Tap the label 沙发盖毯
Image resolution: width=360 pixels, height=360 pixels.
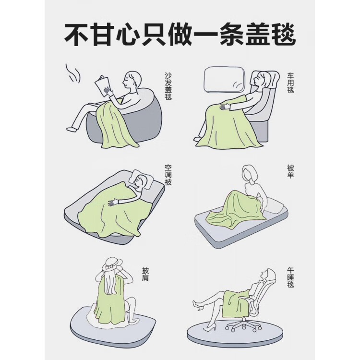[x=168, y=86]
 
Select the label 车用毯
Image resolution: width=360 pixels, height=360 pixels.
[x=290, y=83]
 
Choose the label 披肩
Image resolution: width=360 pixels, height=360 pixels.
[x=145, y=274]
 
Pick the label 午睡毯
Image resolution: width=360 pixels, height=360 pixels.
[x=290, y=277]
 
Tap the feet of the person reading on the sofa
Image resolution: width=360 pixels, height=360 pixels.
[x=72, y=128]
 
